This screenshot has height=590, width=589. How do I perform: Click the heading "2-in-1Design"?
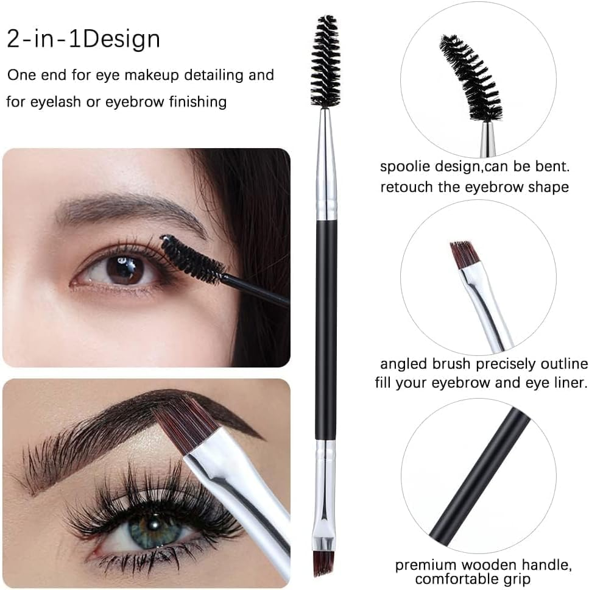coord(83,40)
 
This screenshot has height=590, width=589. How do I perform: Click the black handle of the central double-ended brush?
coord(326,329)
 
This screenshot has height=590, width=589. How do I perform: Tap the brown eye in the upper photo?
coord(125,269)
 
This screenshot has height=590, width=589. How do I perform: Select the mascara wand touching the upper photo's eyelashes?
coord(194,260)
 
